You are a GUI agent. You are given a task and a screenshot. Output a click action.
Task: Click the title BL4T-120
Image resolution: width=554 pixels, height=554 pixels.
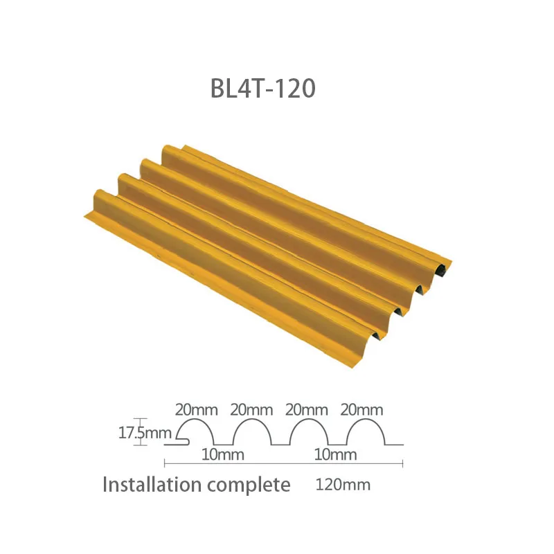[x=262, y=89]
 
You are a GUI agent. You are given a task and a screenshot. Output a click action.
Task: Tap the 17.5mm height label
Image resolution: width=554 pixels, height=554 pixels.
[x=144, y=434]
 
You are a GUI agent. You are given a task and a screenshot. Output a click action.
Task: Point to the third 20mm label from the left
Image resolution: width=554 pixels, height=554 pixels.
[x=307, y=409]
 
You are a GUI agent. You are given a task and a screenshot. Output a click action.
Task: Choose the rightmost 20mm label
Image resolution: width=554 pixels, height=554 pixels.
[x=362, y=409]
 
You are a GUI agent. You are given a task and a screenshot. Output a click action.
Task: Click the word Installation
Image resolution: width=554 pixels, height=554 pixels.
[x=152, y=485]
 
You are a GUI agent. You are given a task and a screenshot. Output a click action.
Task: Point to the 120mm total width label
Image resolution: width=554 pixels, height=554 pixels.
[x=343, y=485]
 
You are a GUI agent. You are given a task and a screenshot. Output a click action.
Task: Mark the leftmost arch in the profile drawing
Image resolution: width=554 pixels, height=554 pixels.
[x=197, y=429]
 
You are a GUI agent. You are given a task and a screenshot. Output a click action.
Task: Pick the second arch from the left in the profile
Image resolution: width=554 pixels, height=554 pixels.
[x=252, y=429]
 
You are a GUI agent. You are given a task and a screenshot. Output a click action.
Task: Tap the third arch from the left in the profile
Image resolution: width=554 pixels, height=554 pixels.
[x=308, y=429]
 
